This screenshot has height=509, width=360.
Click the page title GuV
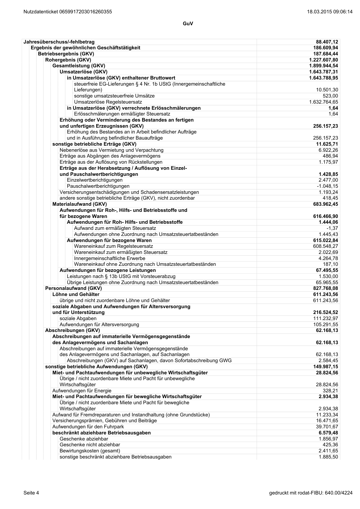(x=188, y=24)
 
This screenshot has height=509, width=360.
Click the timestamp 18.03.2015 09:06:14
(x=330, y=12)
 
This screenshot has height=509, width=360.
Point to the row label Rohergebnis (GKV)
(x=68, y=60)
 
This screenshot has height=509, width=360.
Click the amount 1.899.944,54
(x=323, y=66)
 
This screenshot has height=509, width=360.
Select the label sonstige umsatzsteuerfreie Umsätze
(x=114, y=96)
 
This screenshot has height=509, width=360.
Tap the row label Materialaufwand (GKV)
(x=75, y=204)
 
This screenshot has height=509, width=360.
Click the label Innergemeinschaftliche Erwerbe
(x=109, y=259)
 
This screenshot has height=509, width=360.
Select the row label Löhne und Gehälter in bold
(x=76, y=295)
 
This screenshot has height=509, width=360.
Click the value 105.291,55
(x=326, y=325)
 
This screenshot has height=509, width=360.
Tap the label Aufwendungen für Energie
(x=82, y=391)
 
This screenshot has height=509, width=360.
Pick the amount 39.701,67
(x=327, y=427)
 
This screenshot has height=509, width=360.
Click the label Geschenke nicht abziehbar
(x=90, y=445)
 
